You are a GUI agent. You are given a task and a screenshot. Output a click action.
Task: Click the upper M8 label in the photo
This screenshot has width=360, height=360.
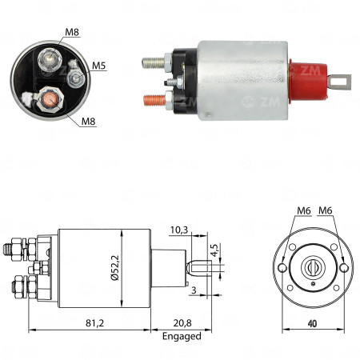[73, 33]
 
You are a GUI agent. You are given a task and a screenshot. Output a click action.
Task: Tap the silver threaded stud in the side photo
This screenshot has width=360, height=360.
[153, 61]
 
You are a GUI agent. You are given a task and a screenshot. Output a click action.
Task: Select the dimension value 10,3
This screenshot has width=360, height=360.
[180, 230]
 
